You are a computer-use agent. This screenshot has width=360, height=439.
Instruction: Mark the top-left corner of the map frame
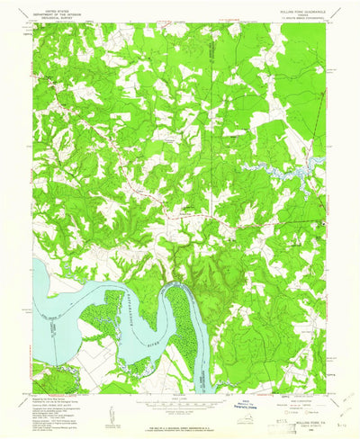34,24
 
